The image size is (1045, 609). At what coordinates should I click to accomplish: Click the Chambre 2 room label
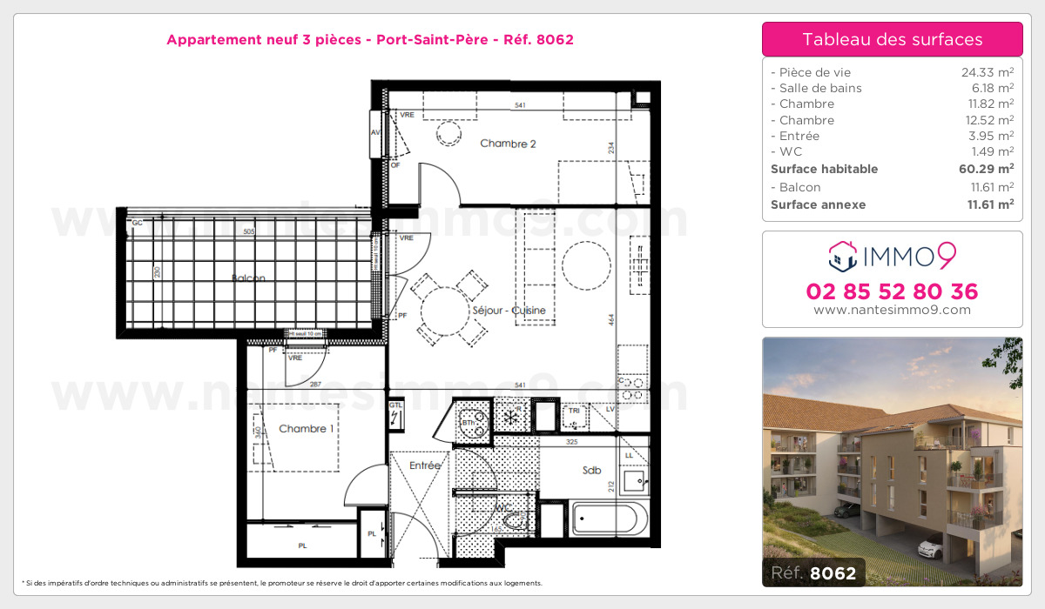coord(509,144)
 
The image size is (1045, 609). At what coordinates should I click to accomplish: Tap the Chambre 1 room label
coord(304,429)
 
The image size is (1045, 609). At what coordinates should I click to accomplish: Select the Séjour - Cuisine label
coord(509,311)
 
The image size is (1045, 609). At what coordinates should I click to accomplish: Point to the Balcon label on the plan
coord(248,278)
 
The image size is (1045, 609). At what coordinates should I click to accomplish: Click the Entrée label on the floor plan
coord(425,465)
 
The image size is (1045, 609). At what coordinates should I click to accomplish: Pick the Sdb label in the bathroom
coord(592,471)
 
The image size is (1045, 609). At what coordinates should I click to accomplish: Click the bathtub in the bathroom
coord(609,519)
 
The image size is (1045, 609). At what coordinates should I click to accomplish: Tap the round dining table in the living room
coord(445,309)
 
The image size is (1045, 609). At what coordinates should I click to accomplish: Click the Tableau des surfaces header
coord(893,39)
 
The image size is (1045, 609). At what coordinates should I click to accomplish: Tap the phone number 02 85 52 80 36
coord(893,291)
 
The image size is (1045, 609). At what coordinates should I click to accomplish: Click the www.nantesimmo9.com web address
coord(893,310)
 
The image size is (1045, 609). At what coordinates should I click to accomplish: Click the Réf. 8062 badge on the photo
coord(813,573)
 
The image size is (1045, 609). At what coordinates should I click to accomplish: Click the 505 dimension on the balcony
coord(249,232)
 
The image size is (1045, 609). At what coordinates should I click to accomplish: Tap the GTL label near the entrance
coord(395,405)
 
